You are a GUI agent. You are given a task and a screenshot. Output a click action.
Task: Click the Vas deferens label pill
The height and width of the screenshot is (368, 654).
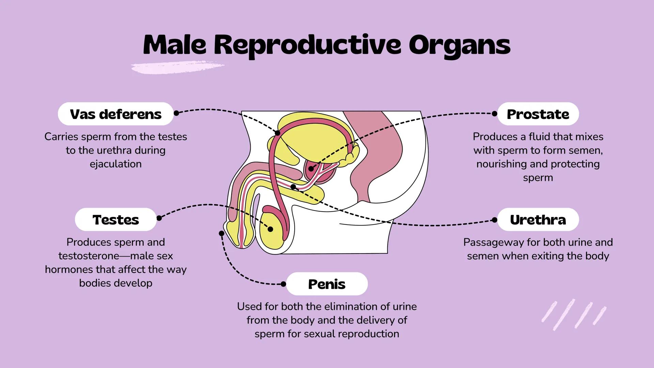[115, 114]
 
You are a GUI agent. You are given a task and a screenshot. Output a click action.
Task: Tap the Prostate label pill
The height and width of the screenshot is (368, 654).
[538, 114]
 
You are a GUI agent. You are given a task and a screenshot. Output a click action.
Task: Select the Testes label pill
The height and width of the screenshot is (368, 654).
[115, 220]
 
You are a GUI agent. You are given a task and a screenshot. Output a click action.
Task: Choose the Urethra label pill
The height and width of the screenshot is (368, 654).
[538, 220]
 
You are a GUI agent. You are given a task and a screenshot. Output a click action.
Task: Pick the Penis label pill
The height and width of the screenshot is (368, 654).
[327, 284]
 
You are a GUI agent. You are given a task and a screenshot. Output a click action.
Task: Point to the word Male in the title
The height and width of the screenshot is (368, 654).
[175, 45]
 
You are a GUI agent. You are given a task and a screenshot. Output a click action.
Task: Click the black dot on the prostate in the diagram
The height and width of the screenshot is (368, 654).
[311, 169]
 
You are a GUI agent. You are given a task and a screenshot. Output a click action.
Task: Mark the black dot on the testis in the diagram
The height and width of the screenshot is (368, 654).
[270, 229]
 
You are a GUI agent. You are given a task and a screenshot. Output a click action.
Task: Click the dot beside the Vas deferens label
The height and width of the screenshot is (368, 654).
[176, 113]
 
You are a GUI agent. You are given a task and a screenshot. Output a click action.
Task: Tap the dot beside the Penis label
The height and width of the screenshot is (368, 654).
[283, 284]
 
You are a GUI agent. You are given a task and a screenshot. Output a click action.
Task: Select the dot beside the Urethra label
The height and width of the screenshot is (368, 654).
[495, 220]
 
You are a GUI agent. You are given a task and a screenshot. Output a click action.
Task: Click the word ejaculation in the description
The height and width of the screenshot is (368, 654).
[115, 164]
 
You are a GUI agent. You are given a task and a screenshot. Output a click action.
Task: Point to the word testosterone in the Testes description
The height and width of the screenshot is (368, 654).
[89, 256]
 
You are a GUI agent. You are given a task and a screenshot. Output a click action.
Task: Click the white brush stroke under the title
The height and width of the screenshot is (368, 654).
[177, 67]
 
